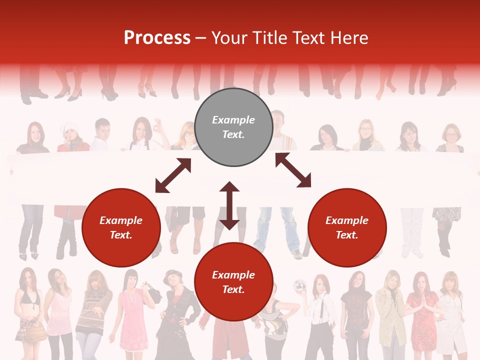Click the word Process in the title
(157, 38)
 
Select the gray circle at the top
(233, 127)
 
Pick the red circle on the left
(121, 227)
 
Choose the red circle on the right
(347, 227)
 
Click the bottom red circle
(233, 282)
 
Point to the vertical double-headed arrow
(229, 205)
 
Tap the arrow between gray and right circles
(293, 170)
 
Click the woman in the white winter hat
(71, 137)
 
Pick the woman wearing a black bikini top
(29, 305)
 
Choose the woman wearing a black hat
(175, 310)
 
